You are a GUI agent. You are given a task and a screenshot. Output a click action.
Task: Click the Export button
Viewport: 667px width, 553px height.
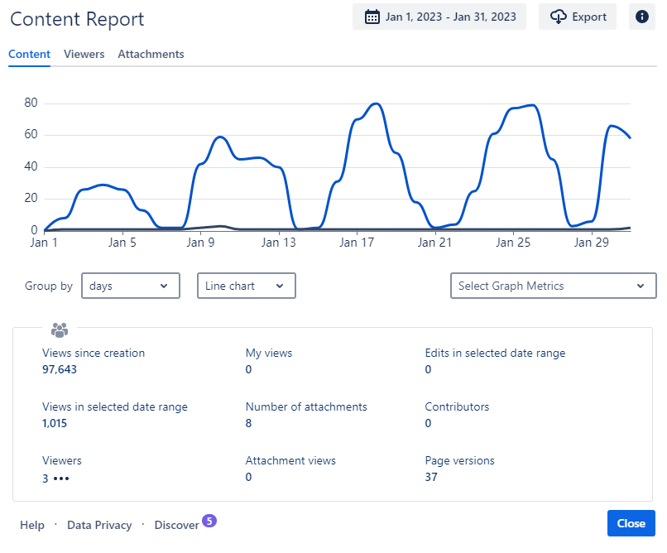pyautogui.click(x=578, y=17)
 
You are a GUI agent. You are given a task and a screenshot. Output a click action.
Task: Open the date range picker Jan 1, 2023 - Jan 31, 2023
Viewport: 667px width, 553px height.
pyautogui.click(x=439, y=17)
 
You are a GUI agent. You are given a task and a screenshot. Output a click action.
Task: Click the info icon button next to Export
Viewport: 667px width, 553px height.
pyautogui.click(x=642, y=17)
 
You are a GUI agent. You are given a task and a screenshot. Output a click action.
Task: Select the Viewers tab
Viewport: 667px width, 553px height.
pyautogui.click(x=84, y=54)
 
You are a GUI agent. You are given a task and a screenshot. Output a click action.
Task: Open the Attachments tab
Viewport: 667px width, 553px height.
pyautogui.click(x=151, y=54)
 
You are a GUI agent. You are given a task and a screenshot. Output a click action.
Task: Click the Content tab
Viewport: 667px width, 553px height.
pyautogui.click(x=30, y=54)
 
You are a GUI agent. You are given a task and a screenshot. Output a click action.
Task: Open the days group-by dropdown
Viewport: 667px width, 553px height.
pyautogui.click(x=131, y=286)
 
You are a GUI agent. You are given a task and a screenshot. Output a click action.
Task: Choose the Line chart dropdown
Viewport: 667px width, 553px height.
pyautogui.click(x=246, y=286)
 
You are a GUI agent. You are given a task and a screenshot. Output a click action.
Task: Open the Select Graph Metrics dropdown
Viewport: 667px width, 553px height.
pyautogui.click(x=552, y=286)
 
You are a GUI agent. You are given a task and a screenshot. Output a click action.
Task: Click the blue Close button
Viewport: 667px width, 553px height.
pyautogui.click(x=631, y=523)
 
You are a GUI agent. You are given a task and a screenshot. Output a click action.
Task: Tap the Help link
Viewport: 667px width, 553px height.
pyautogui.click(x=32, y=525)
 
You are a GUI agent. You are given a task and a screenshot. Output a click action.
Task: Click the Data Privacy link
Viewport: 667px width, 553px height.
pyautogui.click(x=99, y=525)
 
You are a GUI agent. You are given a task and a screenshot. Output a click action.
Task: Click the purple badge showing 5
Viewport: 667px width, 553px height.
pyautogui.click(x=209, y=521)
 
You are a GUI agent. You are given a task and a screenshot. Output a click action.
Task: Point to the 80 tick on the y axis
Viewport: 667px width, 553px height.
pyautogui.click(x=31, y=103)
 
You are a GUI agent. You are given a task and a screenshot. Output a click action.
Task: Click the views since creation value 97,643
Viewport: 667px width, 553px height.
pyautogui.click(x=60, y=369)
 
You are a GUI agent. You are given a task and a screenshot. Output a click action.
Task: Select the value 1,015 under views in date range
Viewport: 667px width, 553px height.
pyautogui.click(x=55, y=423)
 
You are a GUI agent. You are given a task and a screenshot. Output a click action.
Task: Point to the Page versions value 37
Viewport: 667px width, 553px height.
pyautogui.click(x=431, y=477)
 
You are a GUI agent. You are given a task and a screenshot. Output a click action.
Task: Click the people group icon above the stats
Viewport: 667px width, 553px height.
pyautogui.click(x=59, y=330)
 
